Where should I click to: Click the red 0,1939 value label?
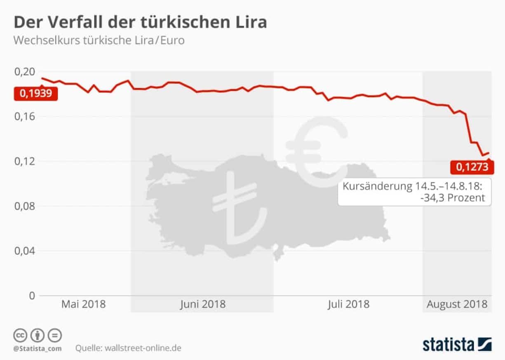click(35, 94)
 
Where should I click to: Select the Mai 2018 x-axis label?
click(83, 305)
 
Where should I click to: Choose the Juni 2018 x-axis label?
click(202, 305)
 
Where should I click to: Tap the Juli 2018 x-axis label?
click(348, 305)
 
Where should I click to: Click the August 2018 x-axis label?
click(457, 305)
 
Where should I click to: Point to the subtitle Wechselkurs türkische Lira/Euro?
click(99, 40)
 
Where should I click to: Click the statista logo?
click(457, 344)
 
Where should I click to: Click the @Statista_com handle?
click(37, 348)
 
